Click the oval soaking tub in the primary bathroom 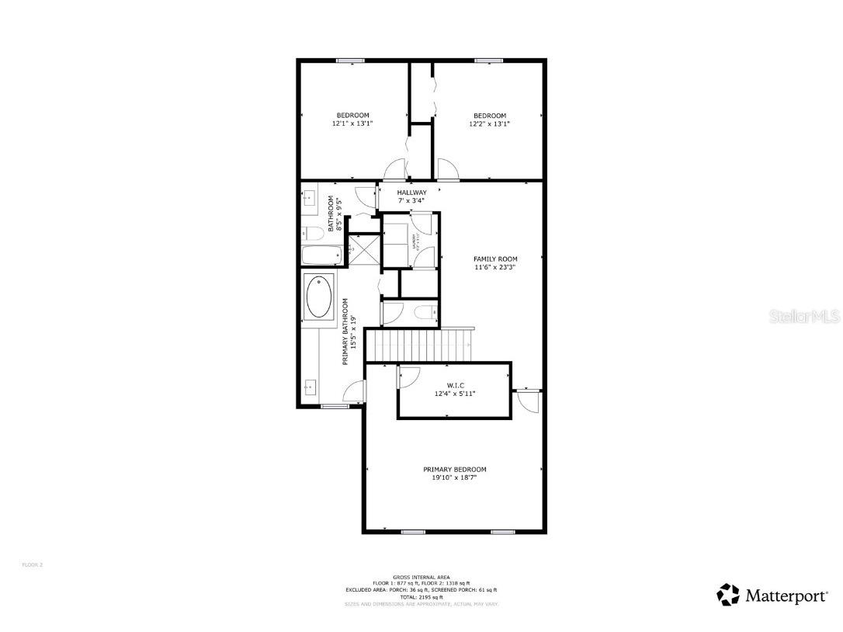[x=319, y=297]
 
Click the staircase [x=419, y=345]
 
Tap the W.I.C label [x=454, y=385]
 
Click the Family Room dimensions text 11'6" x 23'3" [x=495, y=267]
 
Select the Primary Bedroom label [x=455, y=469]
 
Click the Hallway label [x=411, y=193]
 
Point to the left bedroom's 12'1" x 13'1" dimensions [x=352, y=123]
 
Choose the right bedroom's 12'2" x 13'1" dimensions [x=490, y=123]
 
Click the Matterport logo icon [x=728, y=595]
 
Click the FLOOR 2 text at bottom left [x=33, y=564]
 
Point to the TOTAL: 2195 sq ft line [x=421, y=596]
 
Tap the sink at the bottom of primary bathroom [x=310, y=386]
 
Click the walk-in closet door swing [x=408, y=377]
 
